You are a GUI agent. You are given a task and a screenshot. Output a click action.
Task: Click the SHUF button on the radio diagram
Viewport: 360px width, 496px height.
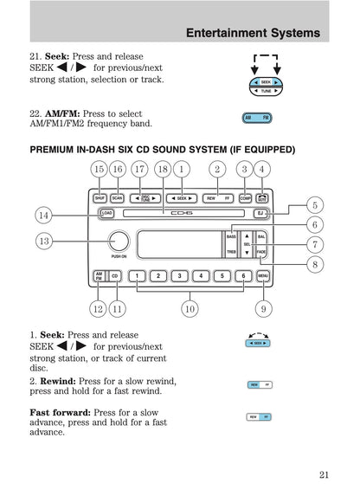click(x=100, y=198)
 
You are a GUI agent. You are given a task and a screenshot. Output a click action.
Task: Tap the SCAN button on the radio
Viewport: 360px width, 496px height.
click(x=118, y=198)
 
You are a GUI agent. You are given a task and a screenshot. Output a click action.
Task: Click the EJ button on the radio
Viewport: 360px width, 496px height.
click(x=260, y=213)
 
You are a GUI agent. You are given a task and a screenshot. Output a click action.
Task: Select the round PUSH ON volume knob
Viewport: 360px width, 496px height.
click(x=119, y=242)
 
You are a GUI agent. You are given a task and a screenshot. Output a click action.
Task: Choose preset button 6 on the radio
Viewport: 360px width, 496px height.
click(x=244, y=276)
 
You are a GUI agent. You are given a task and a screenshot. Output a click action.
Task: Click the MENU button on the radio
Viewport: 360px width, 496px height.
click(x=262, y=276)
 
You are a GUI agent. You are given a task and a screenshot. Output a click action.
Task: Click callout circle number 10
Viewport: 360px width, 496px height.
click(x=189, y=307)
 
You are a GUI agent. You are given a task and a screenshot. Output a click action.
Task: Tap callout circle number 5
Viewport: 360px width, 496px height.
click(x=315, y=205)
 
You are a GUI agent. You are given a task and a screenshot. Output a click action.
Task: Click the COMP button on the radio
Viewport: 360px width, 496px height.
click(x=245, y=198)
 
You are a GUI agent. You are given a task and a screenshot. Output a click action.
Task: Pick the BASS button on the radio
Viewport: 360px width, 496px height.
click(x=231, y=235)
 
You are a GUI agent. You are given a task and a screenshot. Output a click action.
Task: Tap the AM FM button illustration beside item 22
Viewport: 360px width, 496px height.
click(x=257, y=116)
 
